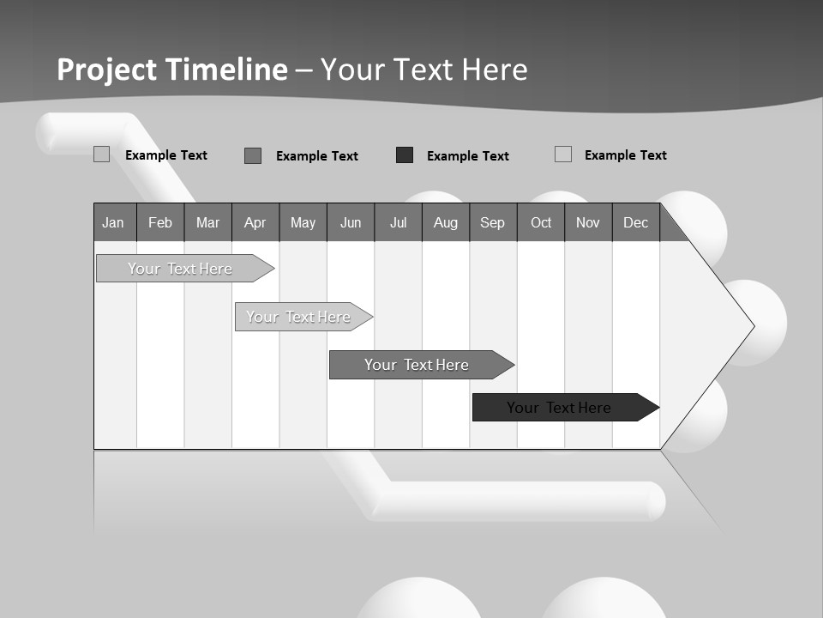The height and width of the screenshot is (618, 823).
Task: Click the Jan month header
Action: click(x=113, y=223)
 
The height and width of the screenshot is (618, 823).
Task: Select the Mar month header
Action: click(x=207, y=223)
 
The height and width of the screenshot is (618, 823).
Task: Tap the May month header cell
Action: click(x=303, y=223)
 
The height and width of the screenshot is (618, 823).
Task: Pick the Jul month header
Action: click(x=398, y=223)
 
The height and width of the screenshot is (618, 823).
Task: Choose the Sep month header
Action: click(x=492, y=223)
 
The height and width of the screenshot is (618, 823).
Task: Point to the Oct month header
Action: click(x=541, y=223)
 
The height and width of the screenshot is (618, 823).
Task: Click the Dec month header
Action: click(x=635, y=223)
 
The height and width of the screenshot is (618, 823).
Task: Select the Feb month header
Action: click(x=160, y=223)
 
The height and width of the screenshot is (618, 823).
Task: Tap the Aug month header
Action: click(x=445, y=223)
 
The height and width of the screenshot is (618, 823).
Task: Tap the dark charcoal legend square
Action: click(x=405, y=155)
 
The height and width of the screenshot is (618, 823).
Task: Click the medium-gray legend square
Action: click(x=253, y=155)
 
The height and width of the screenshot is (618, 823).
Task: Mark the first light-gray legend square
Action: click(x=101, y=154)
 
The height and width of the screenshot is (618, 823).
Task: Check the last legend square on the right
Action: click(x=563, y=154)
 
